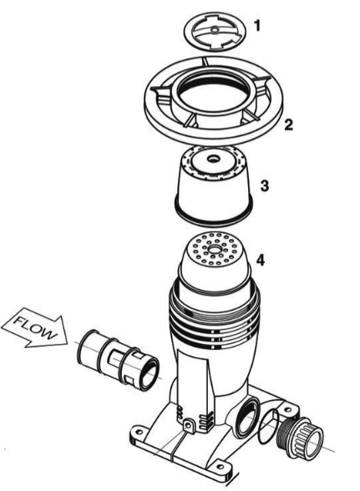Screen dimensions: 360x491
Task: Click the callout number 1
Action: (x=257, y=26)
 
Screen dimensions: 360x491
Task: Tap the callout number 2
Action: (x=288, y=124)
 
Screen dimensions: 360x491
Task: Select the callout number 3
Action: (x=265, y=185)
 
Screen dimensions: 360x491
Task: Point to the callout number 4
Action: (x=261, y=260)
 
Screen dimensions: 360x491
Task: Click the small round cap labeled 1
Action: (x=215, y=31)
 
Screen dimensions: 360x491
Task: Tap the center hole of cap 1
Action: (x=215, y=30)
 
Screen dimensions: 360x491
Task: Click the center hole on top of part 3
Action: (x=214, y=158)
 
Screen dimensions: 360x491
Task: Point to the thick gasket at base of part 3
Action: (x=213, y=219)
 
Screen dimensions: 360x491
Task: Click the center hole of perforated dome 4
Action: (x=215, y=250)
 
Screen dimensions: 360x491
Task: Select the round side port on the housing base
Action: (x=247, y=418)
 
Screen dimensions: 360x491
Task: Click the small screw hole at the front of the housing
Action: (x=189, y=425)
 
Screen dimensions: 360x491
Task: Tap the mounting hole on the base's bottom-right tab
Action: (x=221, y=468)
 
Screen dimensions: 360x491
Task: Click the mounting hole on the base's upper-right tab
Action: (x=287, y=408)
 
